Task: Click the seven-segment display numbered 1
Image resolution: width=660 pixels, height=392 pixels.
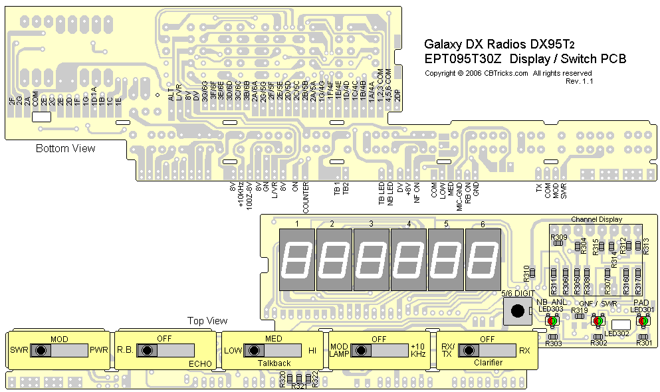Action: point(297,260)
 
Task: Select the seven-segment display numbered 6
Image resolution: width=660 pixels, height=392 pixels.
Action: point(483,260)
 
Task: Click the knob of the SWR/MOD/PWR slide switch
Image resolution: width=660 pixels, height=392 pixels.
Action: point(41,350)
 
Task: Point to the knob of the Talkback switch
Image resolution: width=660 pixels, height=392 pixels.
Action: point(253,350)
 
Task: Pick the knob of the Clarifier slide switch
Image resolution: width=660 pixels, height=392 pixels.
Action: point(465,350)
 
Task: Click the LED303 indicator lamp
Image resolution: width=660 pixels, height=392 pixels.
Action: point(552,322)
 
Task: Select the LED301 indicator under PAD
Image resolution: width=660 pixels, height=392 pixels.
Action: point(642,322)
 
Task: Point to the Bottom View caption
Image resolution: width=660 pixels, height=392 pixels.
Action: point(65,148)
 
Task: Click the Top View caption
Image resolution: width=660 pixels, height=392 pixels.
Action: point(207,321)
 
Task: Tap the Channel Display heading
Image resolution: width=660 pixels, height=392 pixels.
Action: point(596,219)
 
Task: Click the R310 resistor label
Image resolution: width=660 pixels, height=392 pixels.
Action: point(526,272)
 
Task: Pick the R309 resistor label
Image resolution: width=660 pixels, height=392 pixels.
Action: point(558,237)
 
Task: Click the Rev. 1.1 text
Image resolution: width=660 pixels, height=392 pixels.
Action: point(580,81)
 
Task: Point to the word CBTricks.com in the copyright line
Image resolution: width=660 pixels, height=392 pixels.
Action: point(506,73)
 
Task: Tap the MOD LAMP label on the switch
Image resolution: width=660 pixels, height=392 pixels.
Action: point(339,350)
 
